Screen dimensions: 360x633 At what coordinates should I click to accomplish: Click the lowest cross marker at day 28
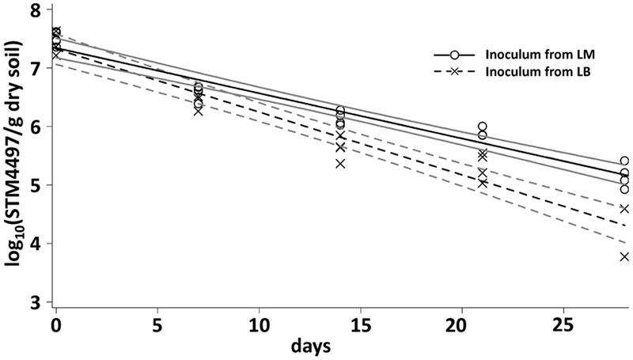(624, 256)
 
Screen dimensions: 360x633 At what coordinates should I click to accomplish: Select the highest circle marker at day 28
(624, 161)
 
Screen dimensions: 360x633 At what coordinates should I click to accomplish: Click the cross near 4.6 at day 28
(624, 209)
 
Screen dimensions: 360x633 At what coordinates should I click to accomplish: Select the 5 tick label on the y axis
(35, 185)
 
